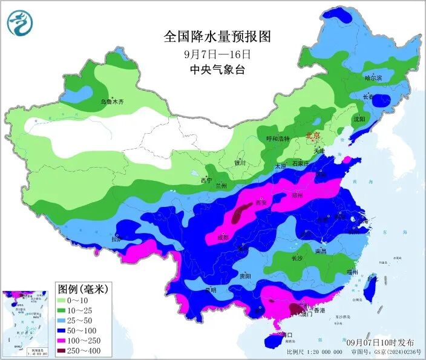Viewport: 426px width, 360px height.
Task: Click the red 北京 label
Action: [312, 136]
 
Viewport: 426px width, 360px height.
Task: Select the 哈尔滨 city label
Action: [373, 78]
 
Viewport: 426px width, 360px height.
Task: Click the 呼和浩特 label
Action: [278, 139]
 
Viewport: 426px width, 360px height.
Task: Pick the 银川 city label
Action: [241, 163]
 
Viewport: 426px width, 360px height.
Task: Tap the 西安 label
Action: [261, 203]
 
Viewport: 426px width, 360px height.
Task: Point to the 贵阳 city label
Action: [245, 276]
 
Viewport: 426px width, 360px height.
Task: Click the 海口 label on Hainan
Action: [287, 335]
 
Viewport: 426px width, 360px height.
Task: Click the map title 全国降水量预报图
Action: [217, 36]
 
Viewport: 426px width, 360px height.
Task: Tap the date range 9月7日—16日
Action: [217, 54]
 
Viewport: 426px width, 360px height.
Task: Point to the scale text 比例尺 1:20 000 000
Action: [312, 352]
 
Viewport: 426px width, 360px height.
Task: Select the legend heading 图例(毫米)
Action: [82, 289]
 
